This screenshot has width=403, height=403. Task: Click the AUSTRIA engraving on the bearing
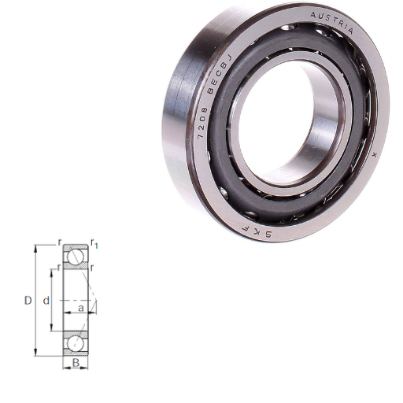[x=332, y=23]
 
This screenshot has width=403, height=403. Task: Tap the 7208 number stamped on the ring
[x=202, y=123]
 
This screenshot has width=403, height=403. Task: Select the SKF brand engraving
[x=257, y=230]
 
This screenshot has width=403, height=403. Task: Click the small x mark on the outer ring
[x=375, y=155]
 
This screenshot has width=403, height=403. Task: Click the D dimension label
[x=28, y=301]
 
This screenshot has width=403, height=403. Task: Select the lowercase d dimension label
[x=46, y=301]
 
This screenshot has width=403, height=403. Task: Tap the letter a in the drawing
[x=81, y=308]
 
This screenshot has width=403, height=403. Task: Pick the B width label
[x=76, y=363]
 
